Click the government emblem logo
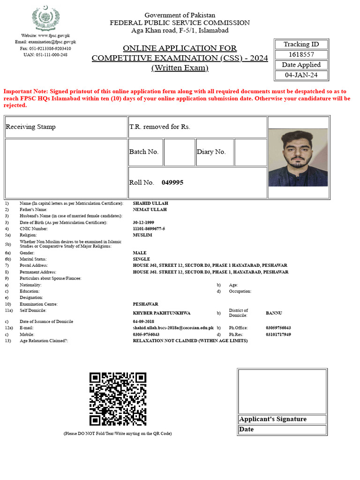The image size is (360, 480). click(x=45, y=18)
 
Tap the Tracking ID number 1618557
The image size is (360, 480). click(x=301, y=54)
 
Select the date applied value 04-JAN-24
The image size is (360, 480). click(x=301, y=75)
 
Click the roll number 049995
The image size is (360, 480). click(x=172, y=182)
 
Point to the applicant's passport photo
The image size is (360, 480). click(x=298, y=157)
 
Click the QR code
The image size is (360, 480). click(x=118, y=399)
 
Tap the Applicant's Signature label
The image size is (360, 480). click(x=273, y=419)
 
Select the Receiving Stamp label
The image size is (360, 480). click(x=30, y=127)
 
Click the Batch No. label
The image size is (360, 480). click(x=144, y=152)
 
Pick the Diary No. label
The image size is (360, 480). click(x=211, y=152)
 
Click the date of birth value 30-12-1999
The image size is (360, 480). click(x=143, y=222)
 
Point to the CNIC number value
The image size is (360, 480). click(x=149, y=229)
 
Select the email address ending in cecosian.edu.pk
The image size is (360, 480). click(x=173, y=328)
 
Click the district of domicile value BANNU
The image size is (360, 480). click(x=274, y=313)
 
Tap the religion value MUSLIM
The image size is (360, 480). click(x=142, y=235)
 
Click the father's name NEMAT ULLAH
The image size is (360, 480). click(x=150, y=210)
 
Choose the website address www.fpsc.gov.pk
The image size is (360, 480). click(x=54, y=36)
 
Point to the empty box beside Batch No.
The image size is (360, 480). click(x=179, y=152)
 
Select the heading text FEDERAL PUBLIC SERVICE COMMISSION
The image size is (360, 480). click(x=180, y=23)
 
